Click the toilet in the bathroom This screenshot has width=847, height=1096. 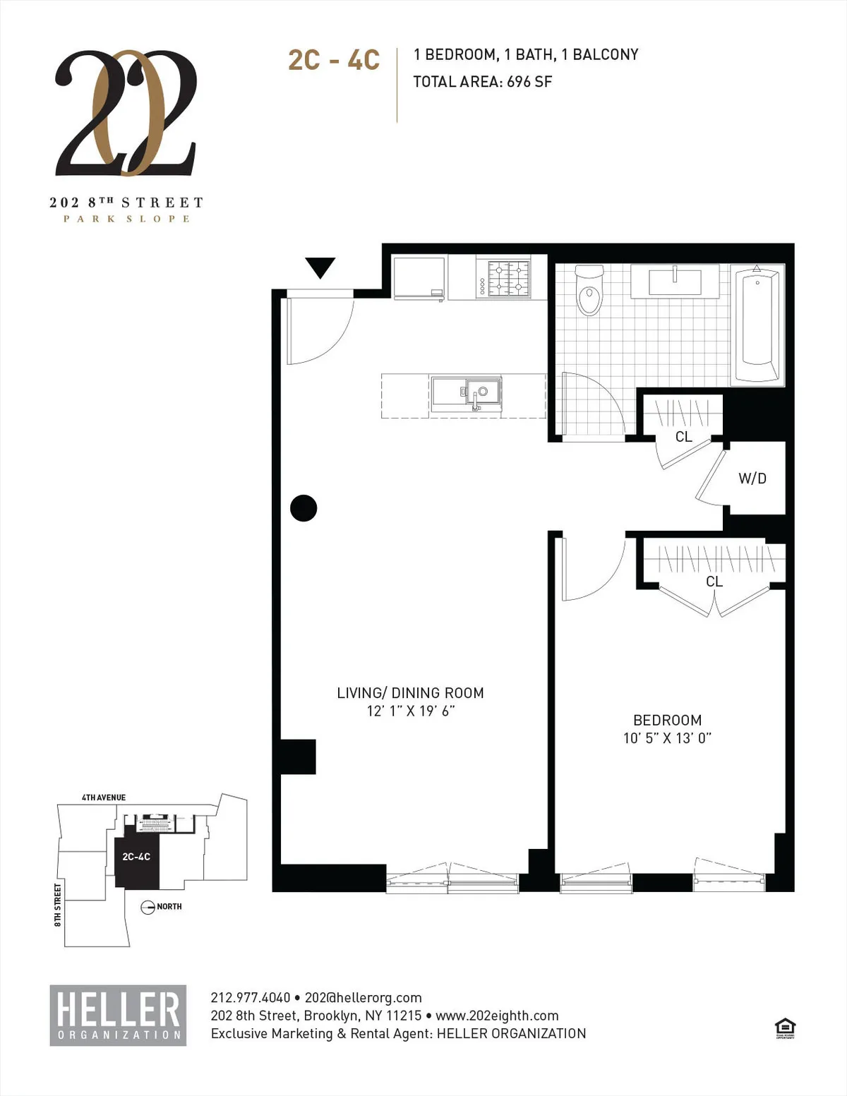tap(589, 292)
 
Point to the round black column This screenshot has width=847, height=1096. tap(304, 508)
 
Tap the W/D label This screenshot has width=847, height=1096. tap(752, 478)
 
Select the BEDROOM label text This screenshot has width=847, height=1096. tap(667, 721)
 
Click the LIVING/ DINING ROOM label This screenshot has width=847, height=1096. tap(410, 693)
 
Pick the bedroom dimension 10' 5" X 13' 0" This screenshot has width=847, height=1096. tap(667, 738)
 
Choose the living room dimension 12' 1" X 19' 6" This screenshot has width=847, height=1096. tap(410, 711)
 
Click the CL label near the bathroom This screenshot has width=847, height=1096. tap(683, 437)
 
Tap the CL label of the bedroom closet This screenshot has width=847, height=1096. tap(714, 582)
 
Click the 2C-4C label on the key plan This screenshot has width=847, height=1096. tap(136, 857)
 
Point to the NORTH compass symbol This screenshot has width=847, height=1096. tap(148, 908)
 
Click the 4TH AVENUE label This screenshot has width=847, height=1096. tap(104, 797)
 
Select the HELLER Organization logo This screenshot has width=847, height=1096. tap(118, 1015)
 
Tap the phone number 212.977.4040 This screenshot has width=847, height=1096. tap(251, 998)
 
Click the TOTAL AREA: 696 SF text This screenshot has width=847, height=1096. tap(483, 82)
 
